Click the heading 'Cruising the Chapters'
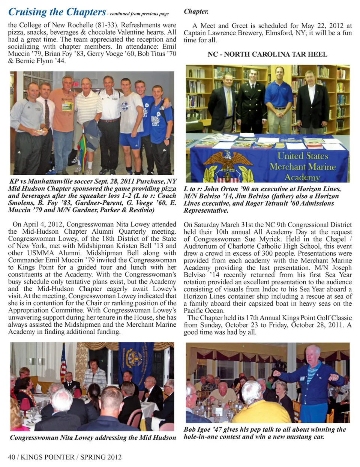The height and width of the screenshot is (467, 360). coord(57,12)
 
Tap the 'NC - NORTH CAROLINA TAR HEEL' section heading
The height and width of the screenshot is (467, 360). coord(267,54)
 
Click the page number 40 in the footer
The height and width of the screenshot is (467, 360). coord(12,457)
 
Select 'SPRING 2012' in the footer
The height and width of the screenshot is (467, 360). coord(101,457)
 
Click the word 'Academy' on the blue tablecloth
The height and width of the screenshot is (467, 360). coord(302,177)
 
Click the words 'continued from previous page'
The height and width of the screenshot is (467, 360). coord(139,14)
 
